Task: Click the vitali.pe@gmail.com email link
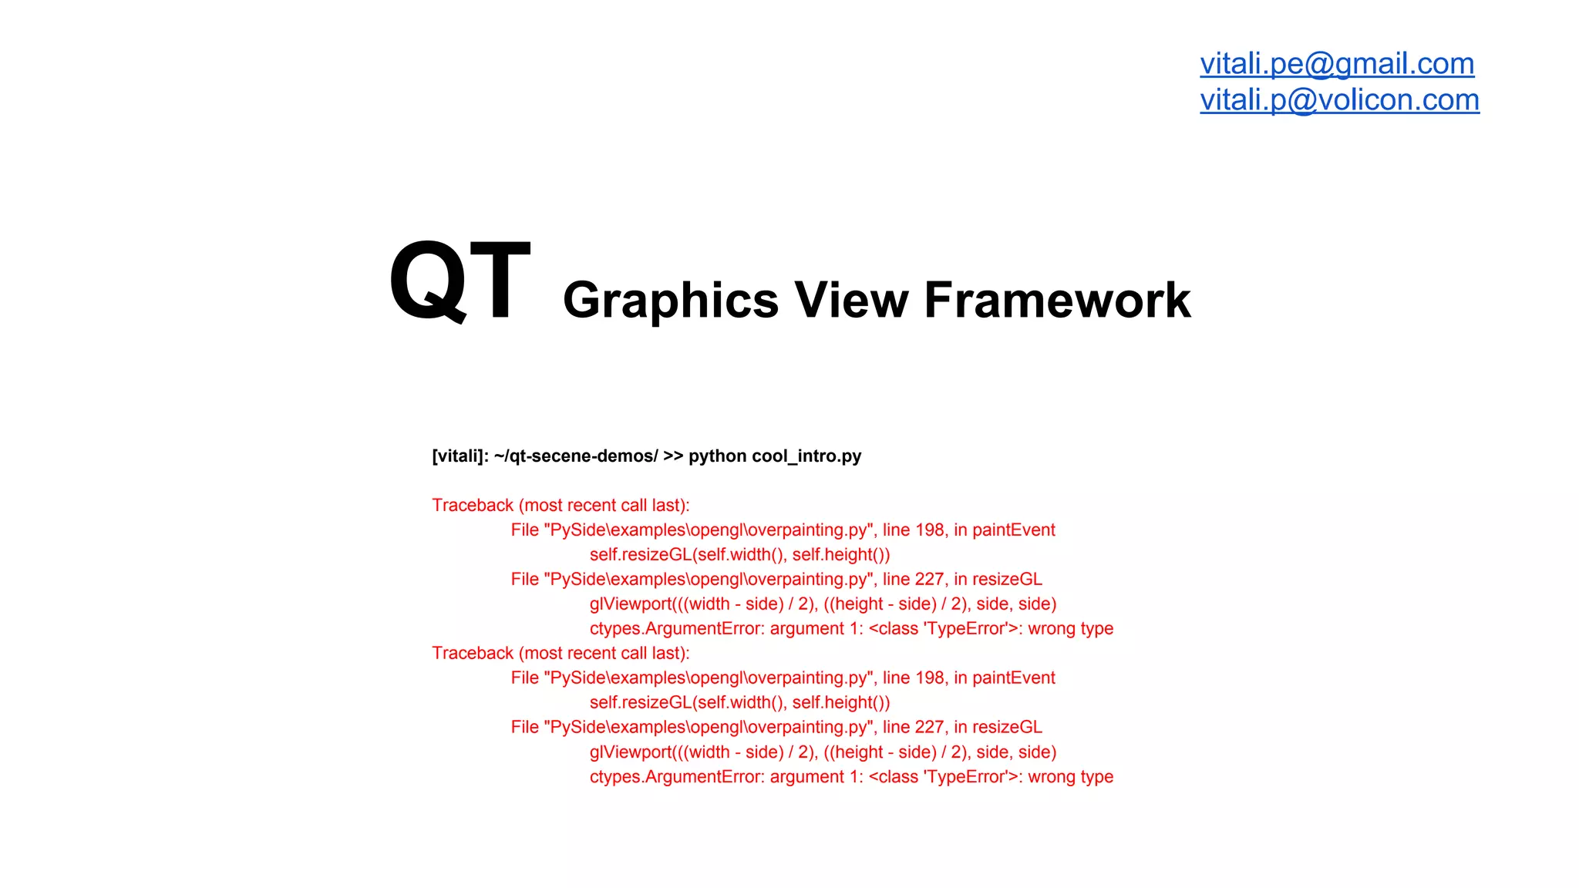[1337, 64]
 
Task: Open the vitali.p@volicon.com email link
[1339, 100]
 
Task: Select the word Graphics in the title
[671, 300]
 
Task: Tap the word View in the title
[851, 300]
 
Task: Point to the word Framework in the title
[1057, 300]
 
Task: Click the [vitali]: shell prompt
[460, 456]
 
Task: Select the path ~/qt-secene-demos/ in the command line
[576, 456]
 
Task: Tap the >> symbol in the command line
[673, 456]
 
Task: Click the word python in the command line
[717, 456]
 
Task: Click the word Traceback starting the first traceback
[473, 506]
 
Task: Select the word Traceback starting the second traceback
[473, 654]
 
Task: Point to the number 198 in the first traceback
[930, 530]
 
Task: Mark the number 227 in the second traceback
[930, 728]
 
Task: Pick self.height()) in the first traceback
[841, 555]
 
